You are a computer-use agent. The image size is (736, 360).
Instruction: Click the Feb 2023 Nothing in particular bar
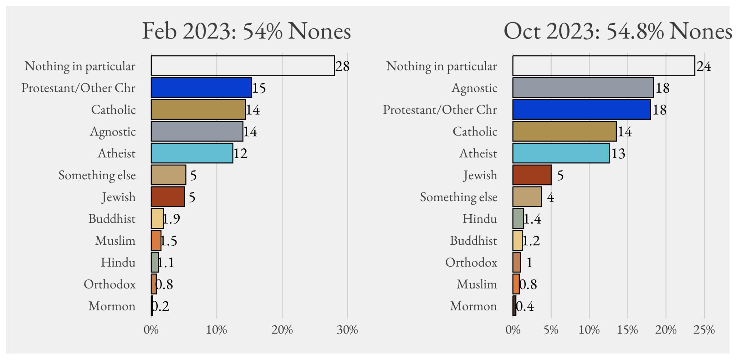pos(243,66)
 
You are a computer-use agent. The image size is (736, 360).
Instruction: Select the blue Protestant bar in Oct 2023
pos(581,110)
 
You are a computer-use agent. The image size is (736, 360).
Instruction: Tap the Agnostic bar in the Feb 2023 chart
pos(197,131)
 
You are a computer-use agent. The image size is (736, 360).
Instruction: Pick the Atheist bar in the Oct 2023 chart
pos(561,153)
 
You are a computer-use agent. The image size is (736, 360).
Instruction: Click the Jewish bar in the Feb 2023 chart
pos(168,197)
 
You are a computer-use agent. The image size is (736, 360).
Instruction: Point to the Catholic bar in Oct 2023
pos(564,131)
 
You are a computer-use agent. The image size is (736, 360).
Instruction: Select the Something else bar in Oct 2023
pos(527,197)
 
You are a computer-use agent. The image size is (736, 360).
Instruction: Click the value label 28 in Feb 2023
pos(342,66)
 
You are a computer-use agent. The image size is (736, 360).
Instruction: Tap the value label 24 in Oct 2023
pos(704,66)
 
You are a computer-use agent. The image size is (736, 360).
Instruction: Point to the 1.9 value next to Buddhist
pos(172,218)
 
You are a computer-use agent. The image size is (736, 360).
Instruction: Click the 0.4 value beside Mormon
pos(525,306)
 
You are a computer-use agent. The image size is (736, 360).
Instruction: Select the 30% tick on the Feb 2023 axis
pos(347,330)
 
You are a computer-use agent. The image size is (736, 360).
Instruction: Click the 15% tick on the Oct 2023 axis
pos(627,330)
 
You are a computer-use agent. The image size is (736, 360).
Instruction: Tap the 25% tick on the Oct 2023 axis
pos(704,330)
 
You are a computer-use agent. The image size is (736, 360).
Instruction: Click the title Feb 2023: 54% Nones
pos(247,31)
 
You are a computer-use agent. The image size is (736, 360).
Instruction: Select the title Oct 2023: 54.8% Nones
pos(617,31)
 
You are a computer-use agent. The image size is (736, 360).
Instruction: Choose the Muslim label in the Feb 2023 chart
pos(115,240)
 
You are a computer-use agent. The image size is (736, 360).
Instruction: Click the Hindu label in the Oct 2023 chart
pos(480,218)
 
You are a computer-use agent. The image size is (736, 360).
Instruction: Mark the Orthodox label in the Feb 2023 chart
pos(110,284)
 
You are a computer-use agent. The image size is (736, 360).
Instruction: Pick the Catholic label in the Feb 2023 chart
pos(113,110)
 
